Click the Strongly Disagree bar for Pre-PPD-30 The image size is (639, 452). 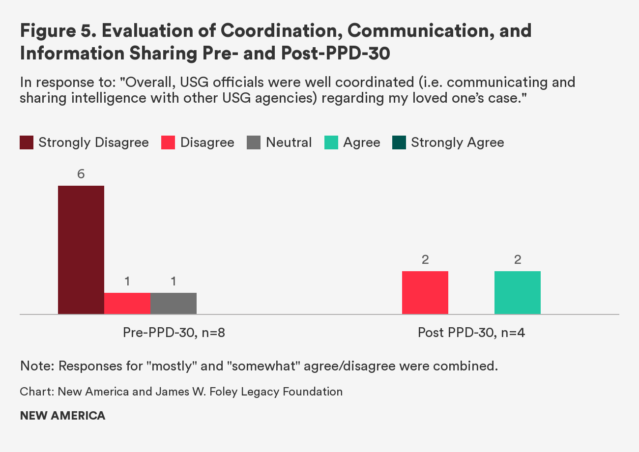coord(81,250)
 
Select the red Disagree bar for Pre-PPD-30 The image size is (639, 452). coord(127,303)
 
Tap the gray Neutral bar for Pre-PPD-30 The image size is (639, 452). coord(174,303)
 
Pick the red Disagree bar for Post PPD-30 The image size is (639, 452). coord(425,292)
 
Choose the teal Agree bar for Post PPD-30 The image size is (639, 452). coord(518,292)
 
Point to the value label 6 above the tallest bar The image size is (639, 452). coord(81,174)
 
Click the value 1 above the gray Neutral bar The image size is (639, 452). coord(174,282)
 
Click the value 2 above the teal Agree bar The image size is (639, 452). coord(518,260)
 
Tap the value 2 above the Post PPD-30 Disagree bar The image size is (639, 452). coord(425,260)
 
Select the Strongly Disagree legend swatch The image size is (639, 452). coord(27,143)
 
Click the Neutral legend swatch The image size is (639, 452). coord(254,143)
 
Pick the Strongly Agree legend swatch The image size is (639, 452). coord(399,143)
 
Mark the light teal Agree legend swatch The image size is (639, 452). coord(331,143)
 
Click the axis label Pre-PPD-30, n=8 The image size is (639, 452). coord(174,333)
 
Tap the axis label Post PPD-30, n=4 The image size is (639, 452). coord(471,333)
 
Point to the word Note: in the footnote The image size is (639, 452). coord(36,366)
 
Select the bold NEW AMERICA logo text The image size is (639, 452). coord(62,416)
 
